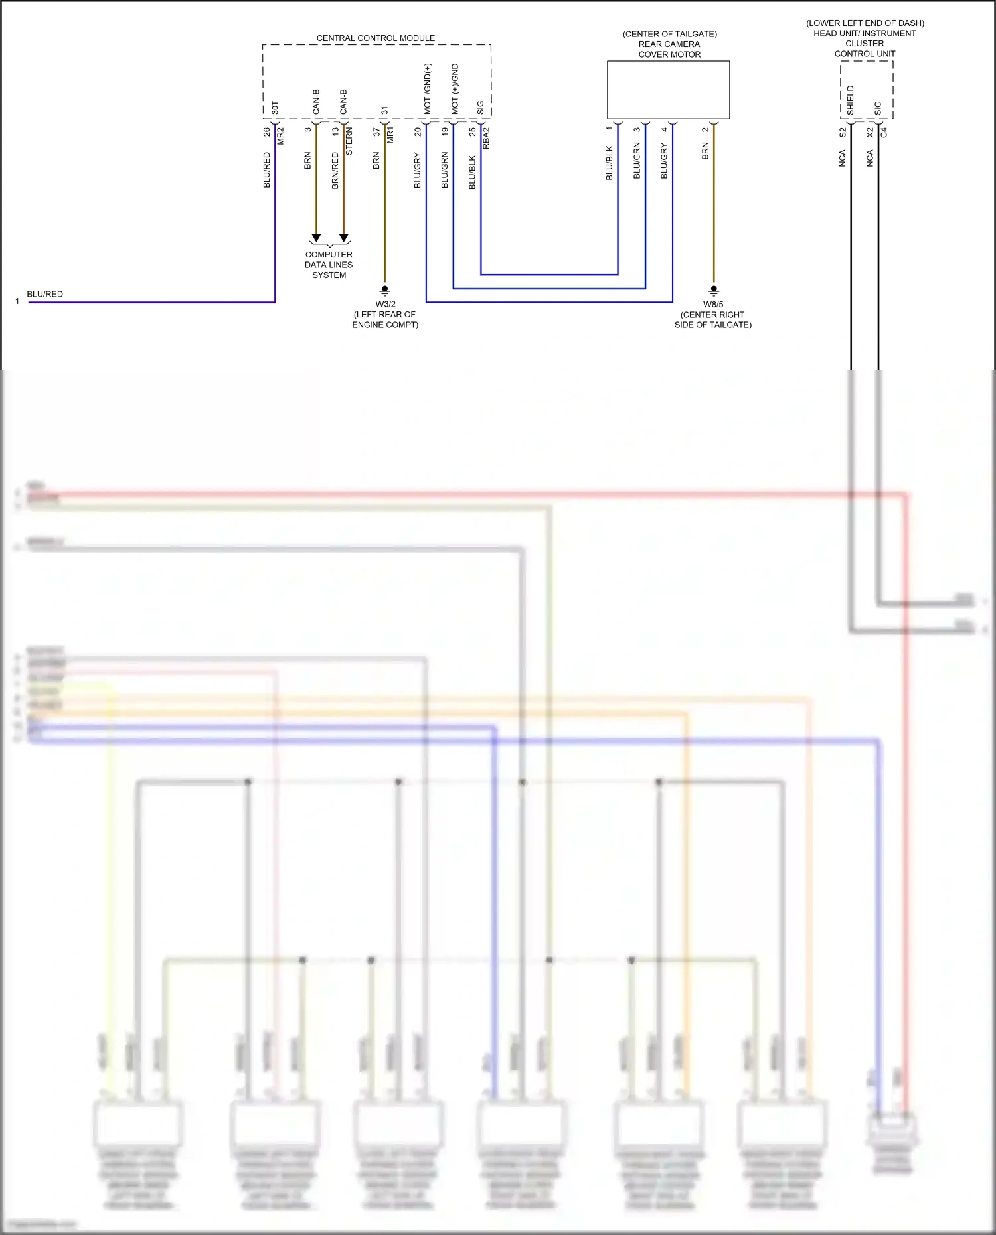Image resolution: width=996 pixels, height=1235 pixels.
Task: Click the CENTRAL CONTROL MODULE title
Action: point(375,38)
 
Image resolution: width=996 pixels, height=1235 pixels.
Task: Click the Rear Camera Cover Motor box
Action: point(668,90)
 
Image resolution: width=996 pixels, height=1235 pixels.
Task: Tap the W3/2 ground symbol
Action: point(384,290)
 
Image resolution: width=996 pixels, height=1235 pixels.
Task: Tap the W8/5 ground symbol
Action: point(714,290)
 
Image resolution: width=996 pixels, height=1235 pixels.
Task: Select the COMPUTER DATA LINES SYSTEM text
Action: point(329,265)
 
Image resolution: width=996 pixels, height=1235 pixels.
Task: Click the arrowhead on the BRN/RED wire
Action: point(344,238)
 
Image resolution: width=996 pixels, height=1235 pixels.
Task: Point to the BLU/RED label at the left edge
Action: point(44,294)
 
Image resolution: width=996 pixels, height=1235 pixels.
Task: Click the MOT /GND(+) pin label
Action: point(428,88)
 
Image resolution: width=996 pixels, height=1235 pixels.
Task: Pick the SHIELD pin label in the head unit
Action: point(851,100)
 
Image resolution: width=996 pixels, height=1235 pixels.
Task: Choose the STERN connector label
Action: point(349,141)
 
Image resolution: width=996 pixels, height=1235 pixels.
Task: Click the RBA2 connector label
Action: point(486,138)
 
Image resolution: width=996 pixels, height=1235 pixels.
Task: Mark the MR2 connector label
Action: point(280,135)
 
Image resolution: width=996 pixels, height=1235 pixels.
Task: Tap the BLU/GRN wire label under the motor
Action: point(637,160)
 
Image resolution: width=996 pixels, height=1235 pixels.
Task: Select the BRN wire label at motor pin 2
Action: point(705,151)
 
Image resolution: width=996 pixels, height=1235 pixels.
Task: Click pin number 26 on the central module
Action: point(267,132)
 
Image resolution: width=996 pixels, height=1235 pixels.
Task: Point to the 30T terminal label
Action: point(276,108)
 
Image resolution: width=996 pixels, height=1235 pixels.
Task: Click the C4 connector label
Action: point(884,133)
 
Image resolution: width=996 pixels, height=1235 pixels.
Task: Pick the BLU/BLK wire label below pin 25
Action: point(472,173)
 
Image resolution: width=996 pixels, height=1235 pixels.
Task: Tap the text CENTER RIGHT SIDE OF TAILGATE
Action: point(713,320)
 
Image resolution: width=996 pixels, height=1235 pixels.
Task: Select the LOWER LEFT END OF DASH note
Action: point(865,23)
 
